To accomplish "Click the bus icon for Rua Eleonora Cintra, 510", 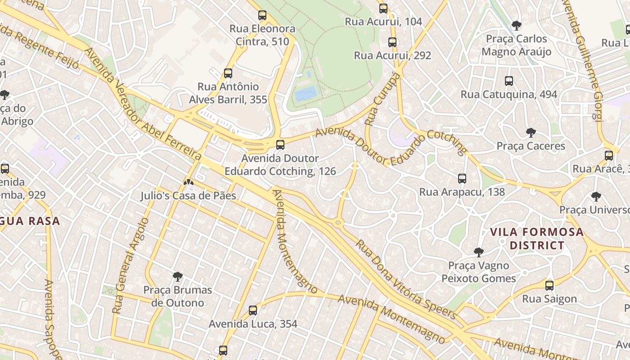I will point(262,15).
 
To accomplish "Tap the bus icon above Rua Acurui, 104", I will point(383,8).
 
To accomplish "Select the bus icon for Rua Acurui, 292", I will point(392,42).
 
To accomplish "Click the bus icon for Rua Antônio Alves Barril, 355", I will point(228,73).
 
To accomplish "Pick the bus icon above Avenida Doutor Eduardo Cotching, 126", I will point(280,145).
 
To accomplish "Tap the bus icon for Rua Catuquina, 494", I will point(509,81).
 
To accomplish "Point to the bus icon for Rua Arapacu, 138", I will point(462,179).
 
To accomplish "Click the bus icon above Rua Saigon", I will point(549,285).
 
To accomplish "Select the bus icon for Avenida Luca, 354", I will point(253,310).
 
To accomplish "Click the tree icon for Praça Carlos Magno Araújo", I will point(517,25).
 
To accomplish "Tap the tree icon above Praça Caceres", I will point(531,133).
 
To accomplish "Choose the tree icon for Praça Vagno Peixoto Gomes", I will point(479,252).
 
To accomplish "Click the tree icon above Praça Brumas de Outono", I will point(178,276).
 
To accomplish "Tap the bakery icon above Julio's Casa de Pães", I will point(189,183).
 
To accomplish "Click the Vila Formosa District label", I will point(536,239).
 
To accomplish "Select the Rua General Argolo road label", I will point(130,265).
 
